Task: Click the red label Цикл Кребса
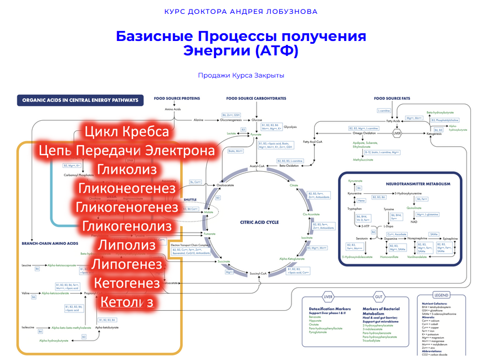click(127, 132)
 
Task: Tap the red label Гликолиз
click(127, 169)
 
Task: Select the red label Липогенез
click(127, 265)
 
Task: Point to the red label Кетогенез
click(127, 284)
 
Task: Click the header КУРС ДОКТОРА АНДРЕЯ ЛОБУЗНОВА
click(241, 11)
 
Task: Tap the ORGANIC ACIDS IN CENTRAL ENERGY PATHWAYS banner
click(80, 101)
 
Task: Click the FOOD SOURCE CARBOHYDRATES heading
click(256, 99)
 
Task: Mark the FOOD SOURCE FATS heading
click(392, 99)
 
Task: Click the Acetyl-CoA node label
click(257, 166)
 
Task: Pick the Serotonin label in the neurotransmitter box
click(354, 238)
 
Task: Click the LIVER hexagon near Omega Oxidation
click(397, 133)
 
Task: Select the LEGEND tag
click(442, 295)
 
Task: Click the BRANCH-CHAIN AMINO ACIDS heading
click(50, 243)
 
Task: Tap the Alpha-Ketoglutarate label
click(292, 259)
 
